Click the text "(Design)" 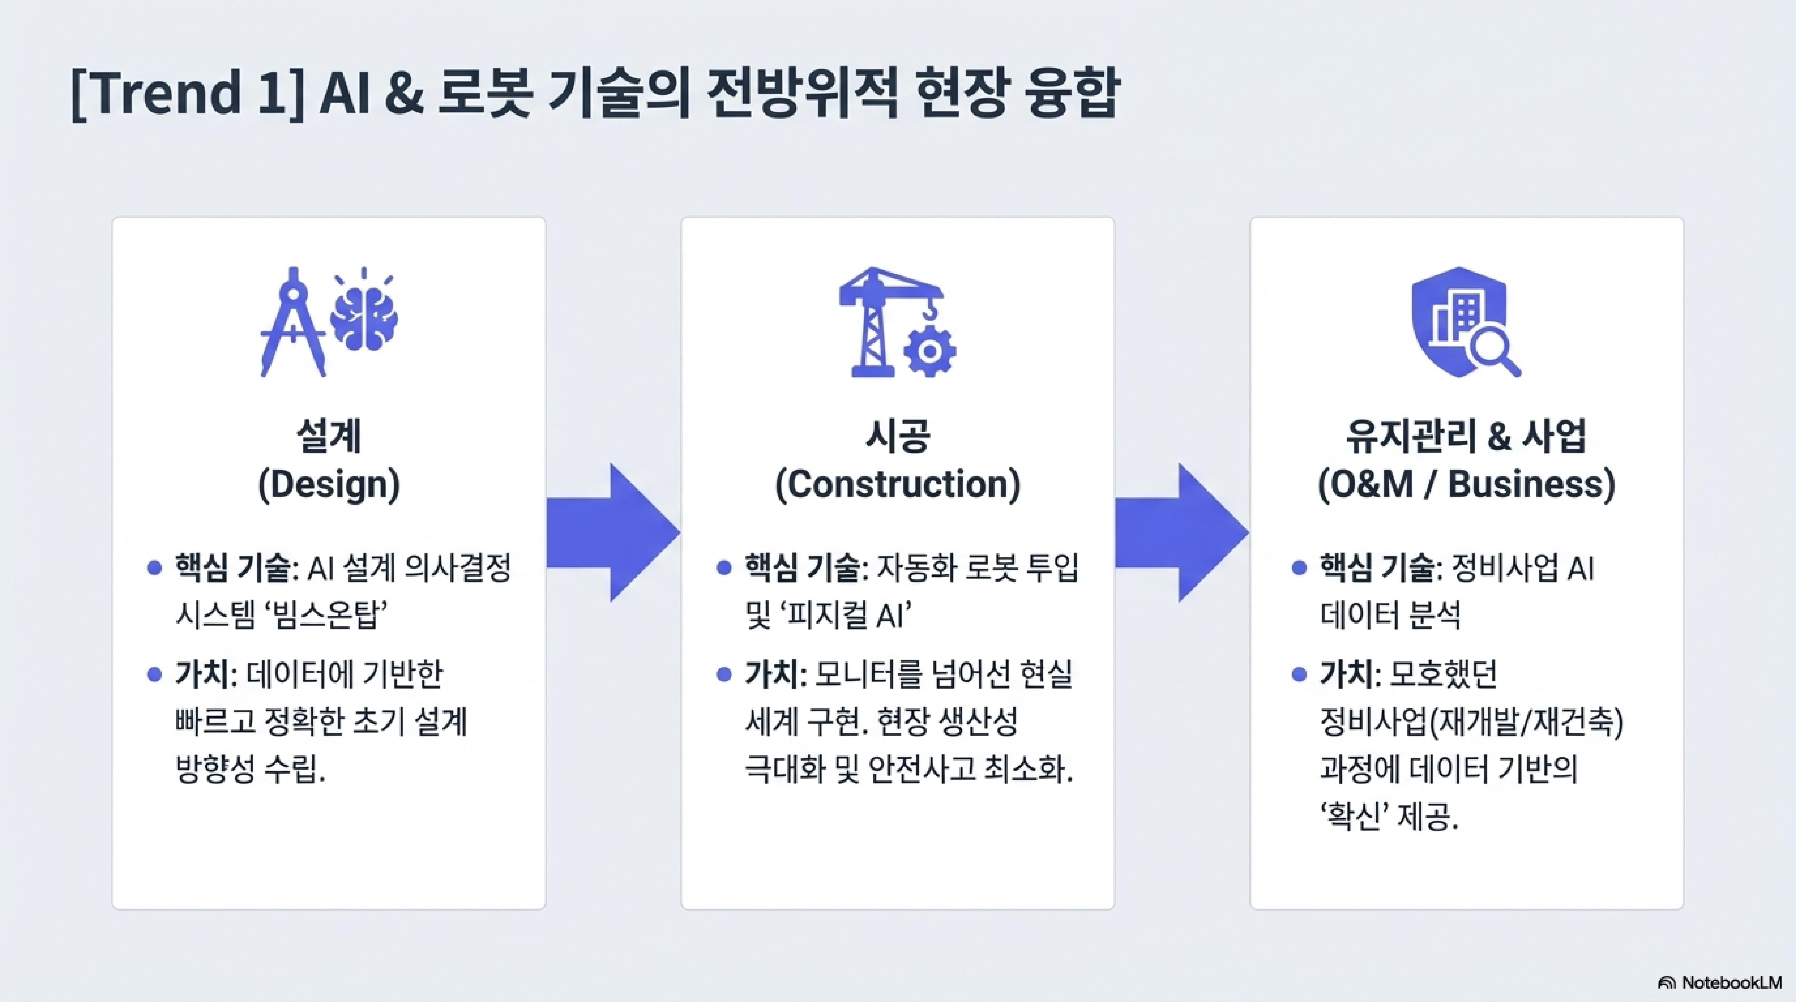tap(329, 484)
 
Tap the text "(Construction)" tap(897, 484)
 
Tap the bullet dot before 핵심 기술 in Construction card tap(724, 568)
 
